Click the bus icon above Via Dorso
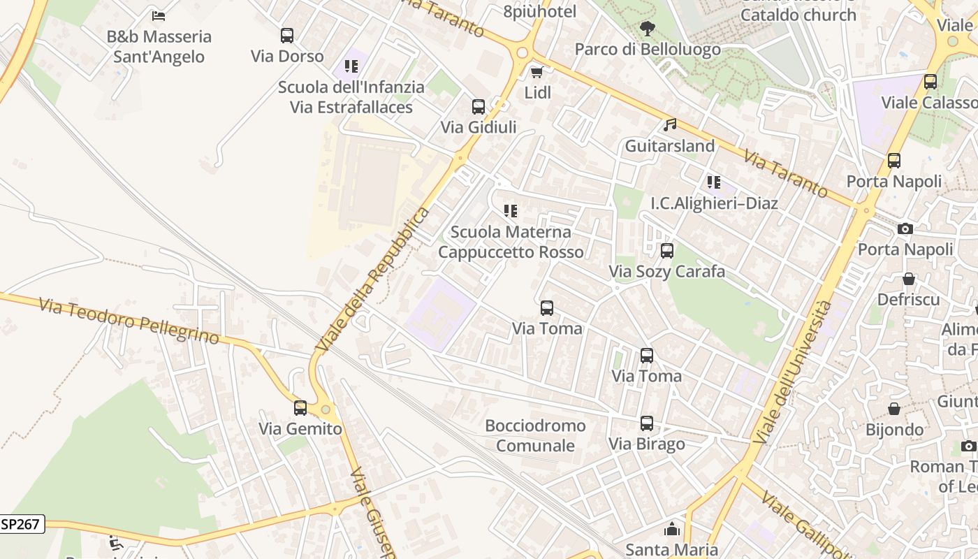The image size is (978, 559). (x=286, y=36)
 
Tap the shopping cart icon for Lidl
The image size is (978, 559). (x=537, y=72)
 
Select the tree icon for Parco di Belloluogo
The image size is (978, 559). (x=648, y=29)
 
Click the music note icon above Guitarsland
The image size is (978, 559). (x=670, y=125)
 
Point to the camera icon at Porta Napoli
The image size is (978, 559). (x=905, y=228)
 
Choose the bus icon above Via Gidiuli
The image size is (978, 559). (x=479, y=107)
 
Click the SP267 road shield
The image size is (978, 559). (x=22, y=524)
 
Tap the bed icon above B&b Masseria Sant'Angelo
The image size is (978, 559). (x=159, y=15)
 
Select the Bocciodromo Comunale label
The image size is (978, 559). (x=535, y=435)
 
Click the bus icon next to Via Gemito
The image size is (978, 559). (x=300, y=408)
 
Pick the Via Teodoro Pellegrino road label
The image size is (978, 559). (x=129, y=321)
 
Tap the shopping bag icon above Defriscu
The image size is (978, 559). (x=909, y=279)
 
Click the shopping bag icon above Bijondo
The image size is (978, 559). (x=894, y=409)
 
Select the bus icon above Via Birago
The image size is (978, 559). (x=647, y=423)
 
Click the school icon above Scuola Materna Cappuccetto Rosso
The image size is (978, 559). (x=511, y=211)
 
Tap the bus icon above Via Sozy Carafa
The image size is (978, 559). (x=667, y=251)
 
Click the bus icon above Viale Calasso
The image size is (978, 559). (x=930, y=82)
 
